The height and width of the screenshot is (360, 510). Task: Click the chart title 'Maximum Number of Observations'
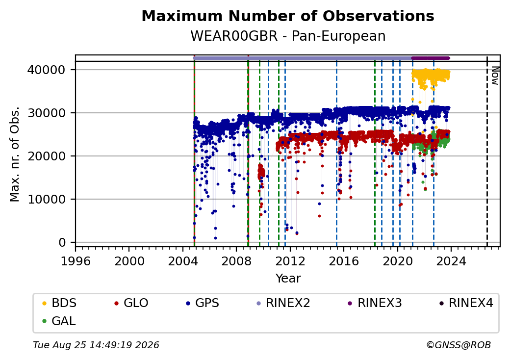288,16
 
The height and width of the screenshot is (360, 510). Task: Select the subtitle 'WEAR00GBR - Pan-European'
288,36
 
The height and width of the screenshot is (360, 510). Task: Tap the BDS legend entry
59,303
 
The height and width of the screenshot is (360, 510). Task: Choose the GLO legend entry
131,303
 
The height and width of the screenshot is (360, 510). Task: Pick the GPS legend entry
203,303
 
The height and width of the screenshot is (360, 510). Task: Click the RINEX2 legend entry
283,303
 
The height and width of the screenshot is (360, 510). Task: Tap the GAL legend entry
59,321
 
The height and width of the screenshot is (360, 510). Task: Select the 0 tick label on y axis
62,243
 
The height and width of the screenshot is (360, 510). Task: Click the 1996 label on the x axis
76,261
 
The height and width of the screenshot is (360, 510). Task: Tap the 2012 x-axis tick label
290,261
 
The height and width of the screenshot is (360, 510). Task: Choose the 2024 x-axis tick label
451,261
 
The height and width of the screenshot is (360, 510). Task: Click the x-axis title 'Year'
288,279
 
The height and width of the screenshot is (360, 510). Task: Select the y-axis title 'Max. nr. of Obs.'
15,154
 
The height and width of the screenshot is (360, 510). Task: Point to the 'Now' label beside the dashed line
495,76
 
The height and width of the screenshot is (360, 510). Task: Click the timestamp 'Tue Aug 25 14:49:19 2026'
96,345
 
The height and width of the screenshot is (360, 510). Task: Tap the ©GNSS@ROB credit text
459,345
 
